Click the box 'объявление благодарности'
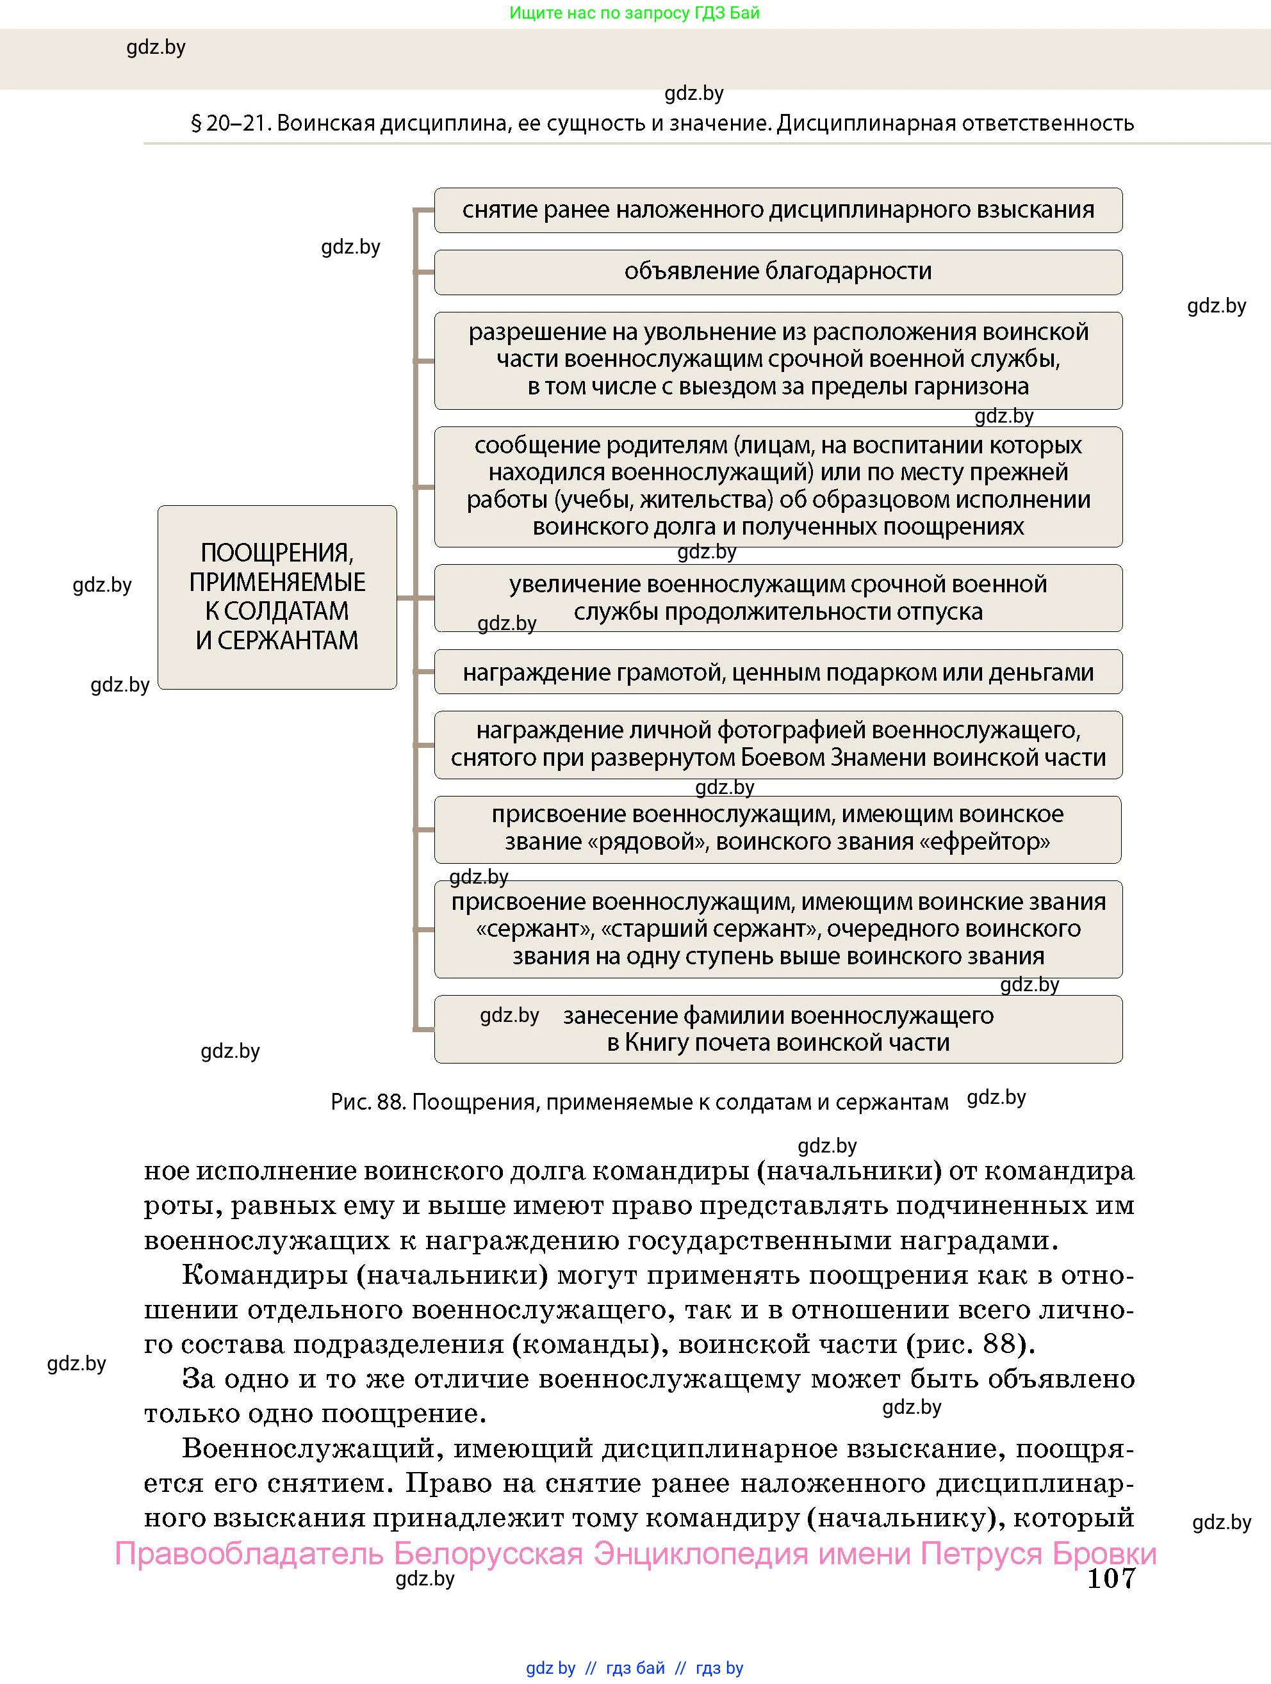click(778, 271)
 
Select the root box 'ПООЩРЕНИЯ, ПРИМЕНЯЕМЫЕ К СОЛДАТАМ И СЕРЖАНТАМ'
click(277, 597)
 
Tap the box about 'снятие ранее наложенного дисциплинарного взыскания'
click(778, 210)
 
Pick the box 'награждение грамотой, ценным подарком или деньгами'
click(778, 672)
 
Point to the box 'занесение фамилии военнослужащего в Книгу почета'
click(778, 1029)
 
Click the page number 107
click(1110, 1578)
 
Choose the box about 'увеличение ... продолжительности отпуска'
click(778, 599)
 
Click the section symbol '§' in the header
click(196, 124)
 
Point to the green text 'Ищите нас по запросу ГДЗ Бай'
click(634, 13)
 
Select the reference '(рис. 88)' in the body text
click(970, 1344)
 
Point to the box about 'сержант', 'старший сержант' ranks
click(778, 930)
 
